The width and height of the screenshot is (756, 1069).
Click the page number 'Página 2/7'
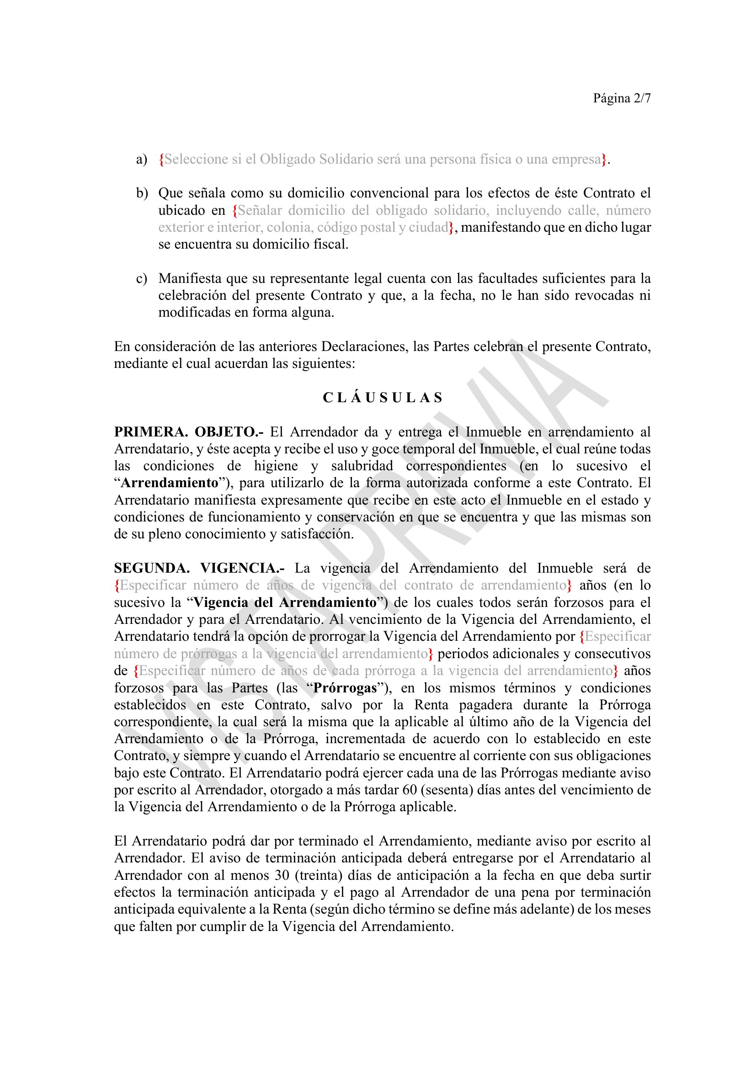click(622, 98)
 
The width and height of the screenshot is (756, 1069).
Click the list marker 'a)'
click(142, 160)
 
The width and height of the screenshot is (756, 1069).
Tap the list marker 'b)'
click(142, 193)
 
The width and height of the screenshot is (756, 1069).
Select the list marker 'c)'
click(142, 278)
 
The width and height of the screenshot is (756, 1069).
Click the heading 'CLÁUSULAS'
click(382, 398)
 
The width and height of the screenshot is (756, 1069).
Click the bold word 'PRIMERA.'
click(151, 432)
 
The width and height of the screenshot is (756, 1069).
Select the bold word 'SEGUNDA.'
click(152, 569)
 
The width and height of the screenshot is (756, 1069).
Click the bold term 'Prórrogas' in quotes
click(345, 688)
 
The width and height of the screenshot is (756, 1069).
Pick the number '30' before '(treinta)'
click(282, 875)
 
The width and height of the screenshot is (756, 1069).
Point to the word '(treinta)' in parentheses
click(319, 875)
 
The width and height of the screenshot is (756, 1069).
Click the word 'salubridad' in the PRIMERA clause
click(362, 466)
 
